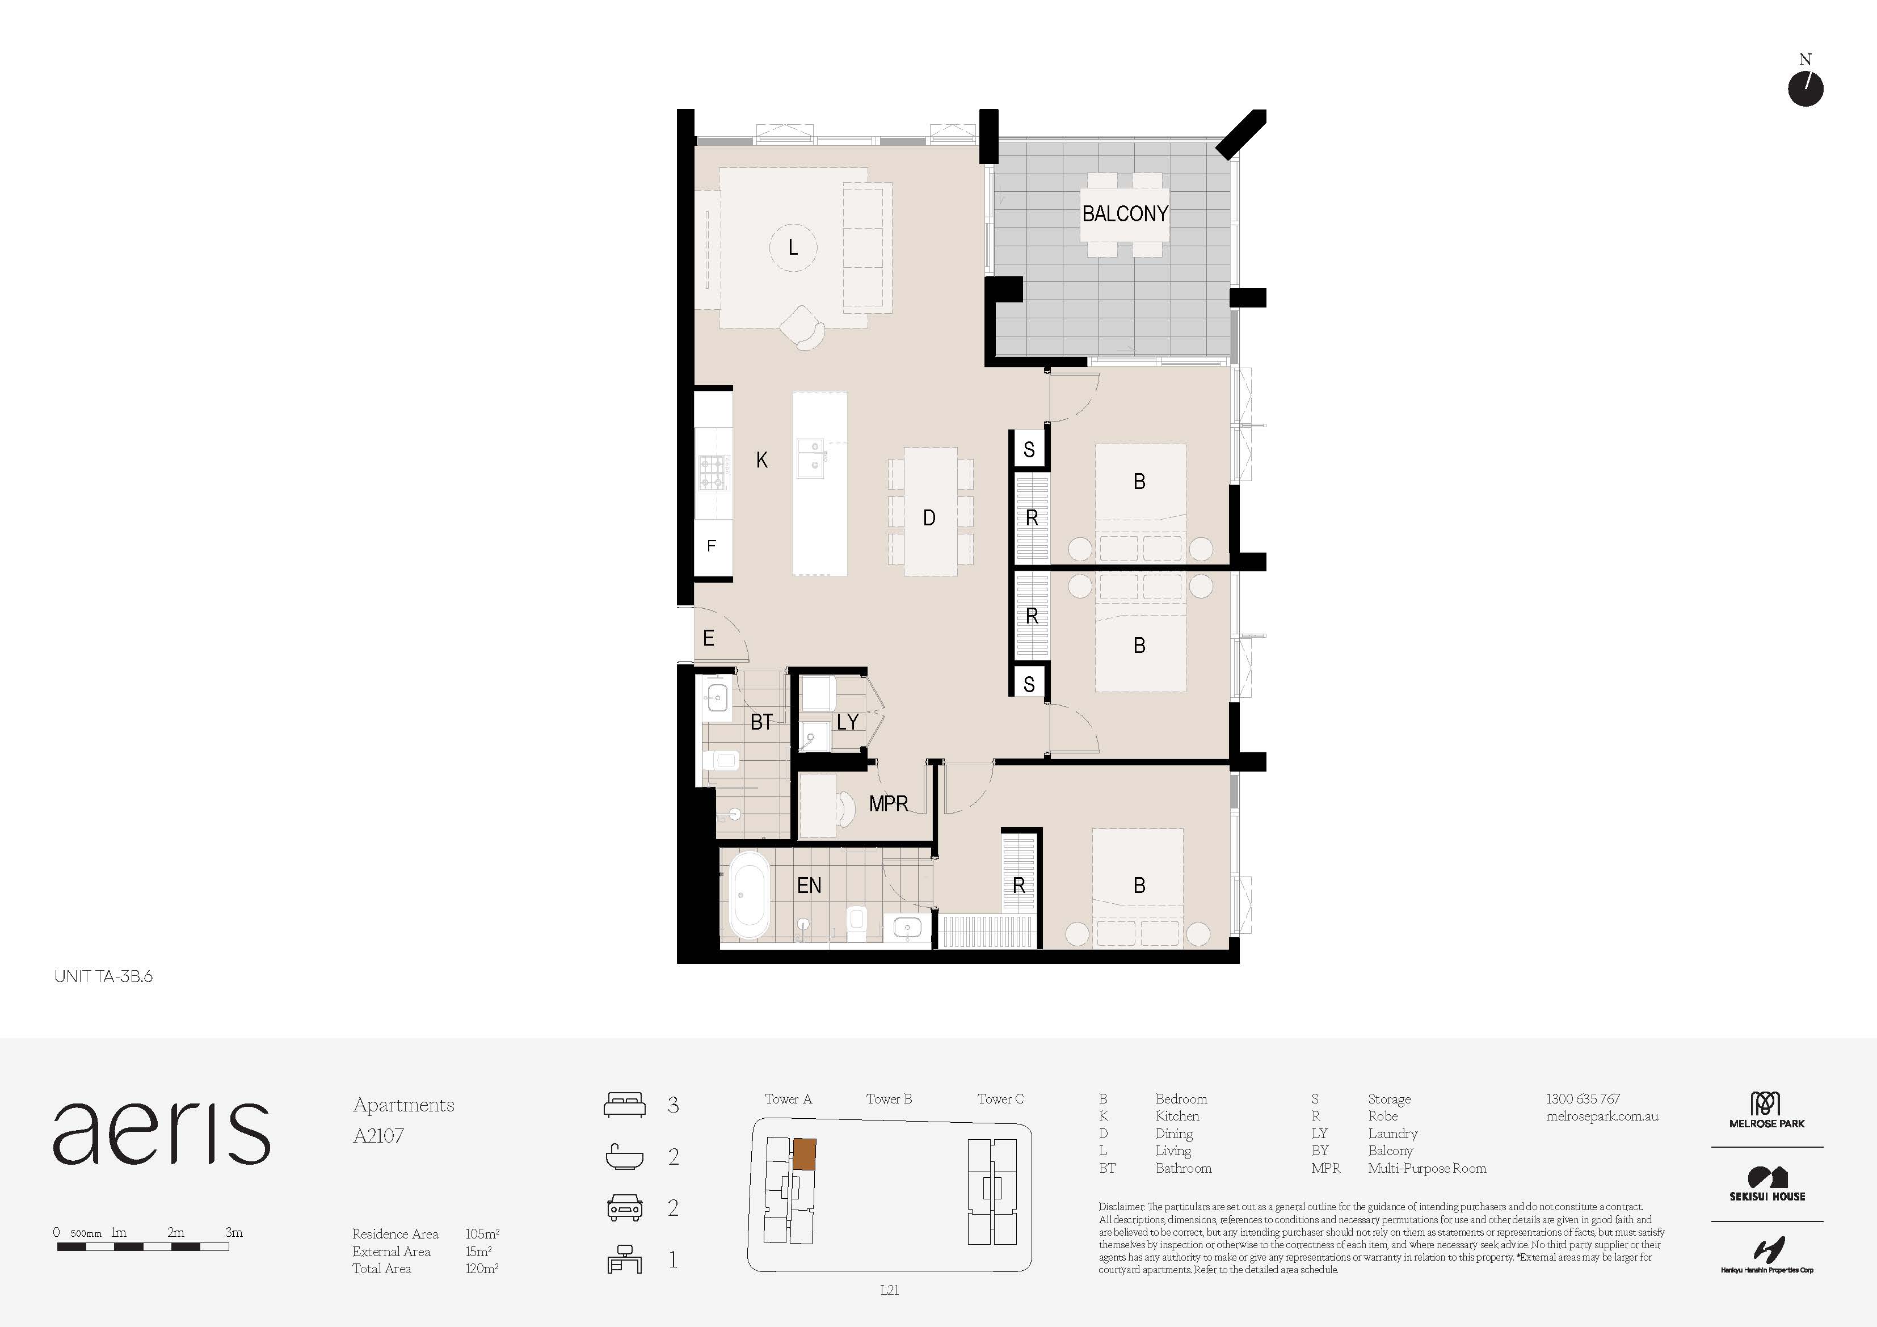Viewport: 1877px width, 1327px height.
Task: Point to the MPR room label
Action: tap(889, 804)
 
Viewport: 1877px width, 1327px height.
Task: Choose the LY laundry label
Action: tap(848, 722)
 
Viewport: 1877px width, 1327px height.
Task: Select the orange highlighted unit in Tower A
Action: tap(805, 1153)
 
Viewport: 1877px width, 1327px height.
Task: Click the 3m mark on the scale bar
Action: tap(233, 1233)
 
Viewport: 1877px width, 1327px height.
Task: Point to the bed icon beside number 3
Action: tap(625, 1105)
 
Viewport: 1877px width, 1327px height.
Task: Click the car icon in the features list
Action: tap(625, 1208)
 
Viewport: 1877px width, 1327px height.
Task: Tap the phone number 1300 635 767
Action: tap(1583, 1099)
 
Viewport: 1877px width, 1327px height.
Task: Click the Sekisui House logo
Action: tap(1767, 1185)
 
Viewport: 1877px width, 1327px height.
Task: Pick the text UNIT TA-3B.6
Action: tap(103, 976)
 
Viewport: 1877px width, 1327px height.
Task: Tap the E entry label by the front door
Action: tap(709, 638)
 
